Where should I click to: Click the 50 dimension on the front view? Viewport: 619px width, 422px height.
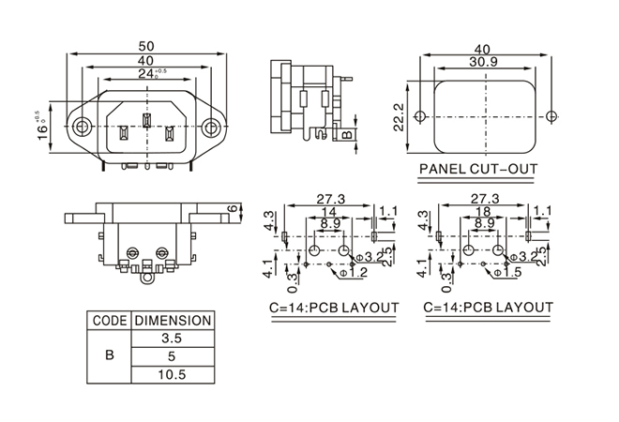(x=146, y=45)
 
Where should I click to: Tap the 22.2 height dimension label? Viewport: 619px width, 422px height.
(x=399, y=117)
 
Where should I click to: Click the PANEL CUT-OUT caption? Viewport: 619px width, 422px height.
(x=478, y=171)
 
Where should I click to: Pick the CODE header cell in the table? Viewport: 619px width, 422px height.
(x=110, y=320)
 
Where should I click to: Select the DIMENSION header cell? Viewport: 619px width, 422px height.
(x=172, y=320)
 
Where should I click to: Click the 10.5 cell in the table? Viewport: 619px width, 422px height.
(x=172, y=374)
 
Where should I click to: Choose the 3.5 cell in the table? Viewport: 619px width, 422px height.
(x=172, y=338)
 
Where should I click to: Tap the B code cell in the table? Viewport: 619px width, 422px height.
(x=110, y=356)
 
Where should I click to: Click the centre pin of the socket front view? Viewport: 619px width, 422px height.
(x=146, y=121)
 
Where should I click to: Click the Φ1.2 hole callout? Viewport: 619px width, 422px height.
(x=353, y=272)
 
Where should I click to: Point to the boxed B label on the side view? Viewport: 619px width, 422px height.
(x=346, y=135)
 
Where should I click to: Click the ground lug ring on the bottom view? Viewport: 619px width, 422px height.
(x=147, y=277)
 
